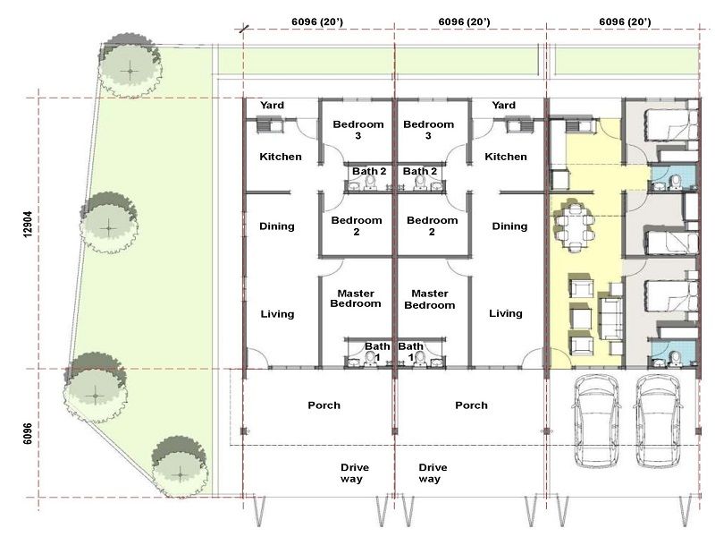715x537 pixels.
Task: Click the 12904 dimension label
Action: (x=28, y=224)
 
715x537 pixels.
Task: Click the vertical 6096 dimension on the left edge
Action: (x=28, y=434)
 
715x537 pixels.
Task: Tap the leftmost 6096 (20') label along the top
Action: (x=317, y=21)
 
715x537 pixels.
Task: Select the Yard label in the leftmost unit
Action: (x=273, y=105)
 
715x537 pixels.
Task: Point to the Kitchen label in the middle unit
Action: (x=506, y=157)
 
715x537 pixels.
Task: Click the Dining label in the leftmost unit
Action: (x=277, y=226)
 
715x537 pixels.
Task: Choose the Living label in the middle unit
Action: (x=506, y=313)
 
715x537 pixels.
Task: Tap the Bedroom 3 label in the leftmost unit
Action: (x=358, y=130)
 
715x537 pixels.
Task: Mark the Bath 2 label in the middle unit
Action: (x=420, y=171)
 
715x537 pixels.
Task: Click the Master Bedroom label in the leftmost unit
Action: (x=356, y=298)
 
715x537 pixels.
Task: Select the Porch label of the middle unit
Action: (x=472, y=405)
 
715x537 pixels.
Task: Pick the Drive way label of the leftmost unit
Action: (x=354, y=473)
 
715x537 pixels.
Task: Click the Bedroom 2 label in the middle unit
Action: (x=432, y=226)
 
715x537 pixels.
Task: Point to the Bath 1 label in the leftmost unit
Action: (x=377, y=352)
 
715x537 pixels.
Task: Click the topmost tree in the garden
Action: (x=130, y=65)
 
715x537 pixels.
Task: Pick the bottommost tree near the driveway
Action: (x=180, y=466)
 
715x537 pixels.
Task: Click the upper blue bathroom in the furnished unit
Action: (x=673, y=177)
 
